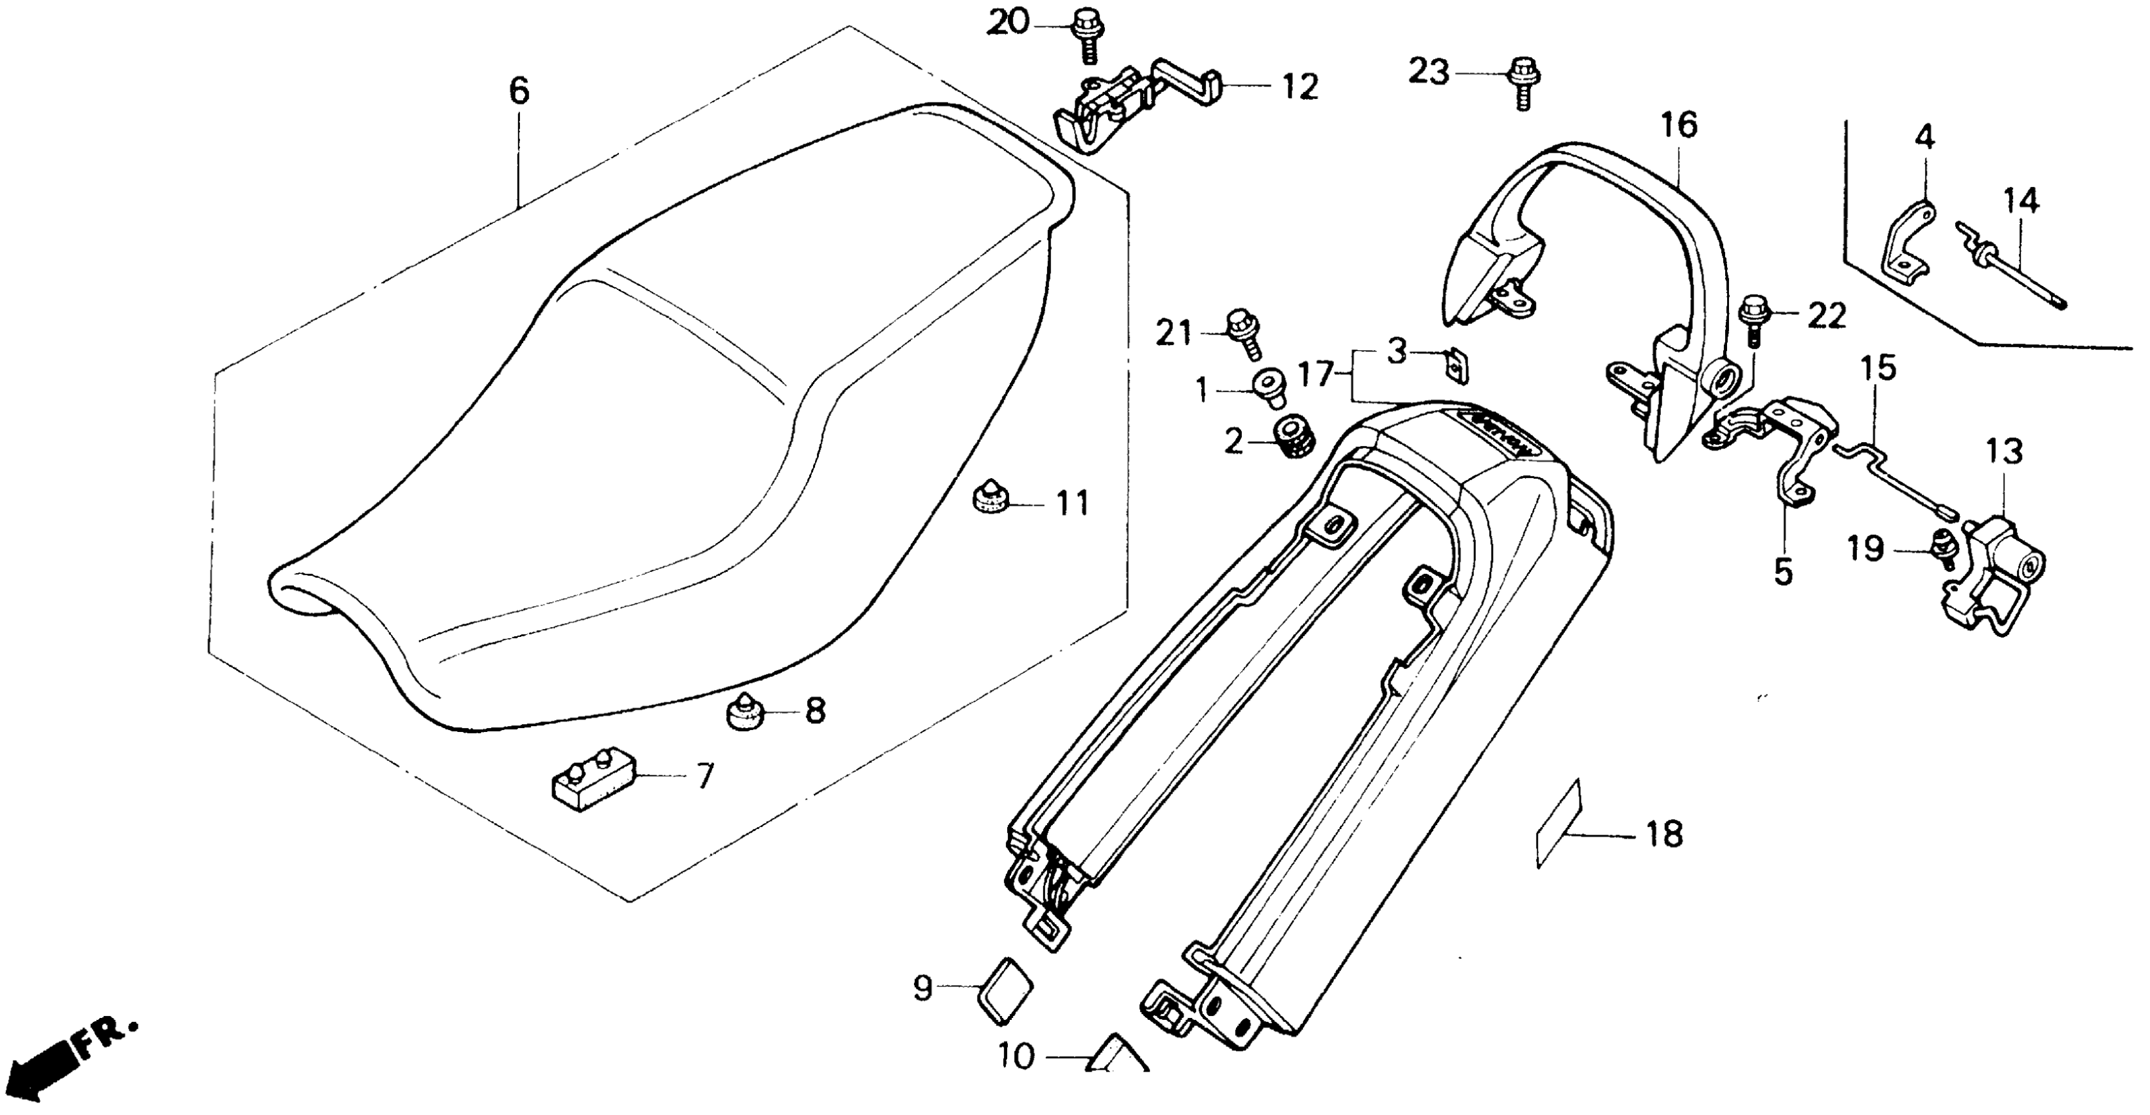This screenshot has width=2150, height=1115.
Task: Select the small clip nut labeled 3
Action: (x=1457, y=367)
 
